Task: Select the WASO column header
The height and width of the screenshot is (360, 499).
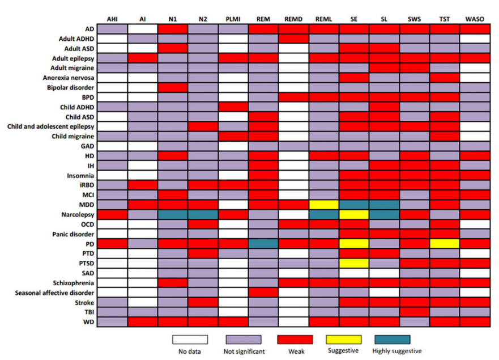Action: (x=474, y=19)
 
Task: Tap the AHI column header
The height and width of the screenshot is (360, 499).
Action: (x=112, y=19)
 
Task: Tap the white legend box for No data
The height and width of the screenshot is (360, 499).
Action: (x=190, y=340)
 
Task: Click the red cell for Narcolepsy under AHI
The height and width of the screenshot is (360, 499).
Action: (x=112, y=215)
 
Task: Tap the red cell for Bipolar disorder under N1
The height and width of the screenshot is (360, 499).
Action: (x=172, y=87)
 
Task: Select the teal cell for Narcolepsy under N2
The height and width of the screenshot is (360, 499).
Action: (x=203, y=215)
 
